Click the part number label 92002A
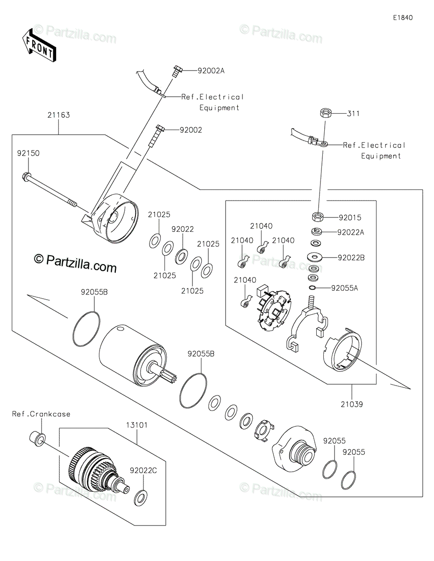click(211, 71)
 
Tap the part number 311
click(353, 114)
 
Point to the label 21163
click(58, 115)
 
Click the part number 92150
click(29, 153)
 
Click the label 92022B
click(351, 258)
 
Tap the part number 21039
click(351, 403)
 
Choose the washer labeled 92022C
click(140, 498)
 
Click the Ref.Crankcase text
click(41, 414)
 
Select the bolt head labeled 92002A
click(177, 71)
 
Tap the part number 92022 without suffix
click(182, 230)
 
